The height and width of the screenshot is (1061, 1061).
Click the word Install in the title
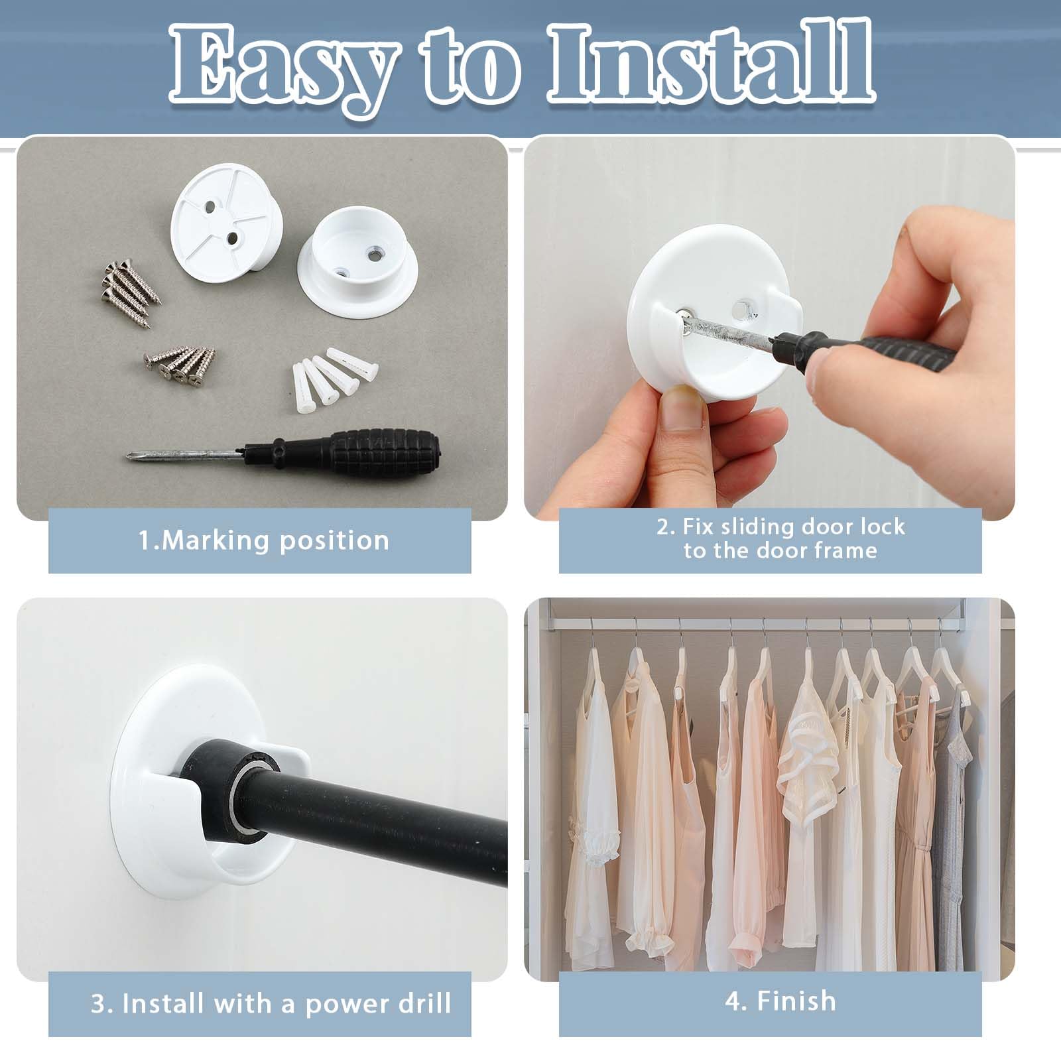click(x=710, y=66)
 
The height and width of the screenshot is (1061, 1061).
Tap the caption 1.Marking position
click(x=263, y=540)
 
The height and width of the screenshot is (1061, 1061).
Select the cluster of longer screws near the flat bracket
click(x=131, y=286)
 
